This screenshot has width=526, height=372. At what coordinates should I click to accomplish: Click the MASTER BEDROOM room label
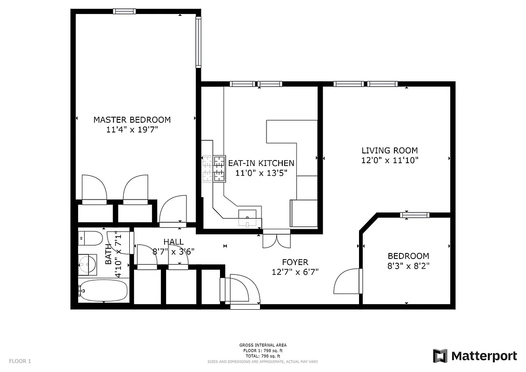pyautogui.click(x=132, y=120)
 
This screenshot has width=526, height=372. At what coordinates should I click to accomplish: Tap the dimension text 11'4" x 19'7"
pyautogui.click(x=132, y=130)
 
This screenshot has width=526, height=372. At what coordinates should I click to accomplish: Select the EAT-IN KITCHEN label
pyautogui.click(x=261, y=163)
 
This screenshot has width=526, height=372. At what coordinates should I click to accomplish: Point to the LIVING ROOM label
pyautogui.click(x=390, y=151)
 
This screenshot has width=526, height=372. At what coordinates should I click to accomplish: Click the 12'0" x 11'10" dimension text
pyautogui.click(x=390, y=161)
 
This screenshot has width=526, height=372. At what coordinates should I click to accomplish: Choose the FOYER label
pyautogui.click(x=295, y=262)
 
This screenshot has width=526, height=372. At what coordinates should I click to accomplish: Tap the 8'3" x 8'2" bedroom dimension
pyautogui.click(x=408, y=266)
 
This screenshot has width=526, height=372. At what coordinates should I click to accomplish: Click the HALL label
pyautogui.click(x=173, y=242)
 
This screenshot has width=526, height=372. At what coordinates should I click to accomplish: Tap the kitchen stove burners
pyautogui.click(x=213, y=168)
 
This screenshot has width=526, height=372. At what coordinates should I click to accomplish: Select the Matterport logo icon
pyautogui.click(x=440, y=356)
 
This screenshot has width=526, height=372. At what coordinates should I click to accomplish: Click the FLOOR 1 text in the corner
pyautogui.click(x=20, y=361)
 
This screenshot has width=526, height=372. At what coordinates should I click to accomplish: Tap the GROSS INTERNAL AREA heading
pyautogui.click(x=263, y=345)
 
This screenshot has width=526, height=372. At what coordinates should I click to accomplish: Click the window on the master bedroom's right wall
pyautogui.click(x=198, y=42)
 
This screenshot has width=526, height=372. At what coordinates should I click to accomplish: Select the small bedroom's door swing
pyautogui.click(x=347, y=282)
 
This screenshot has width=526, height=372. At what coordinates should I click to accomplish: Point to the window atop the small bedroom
pyautogui.click(x=414, y=215)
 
